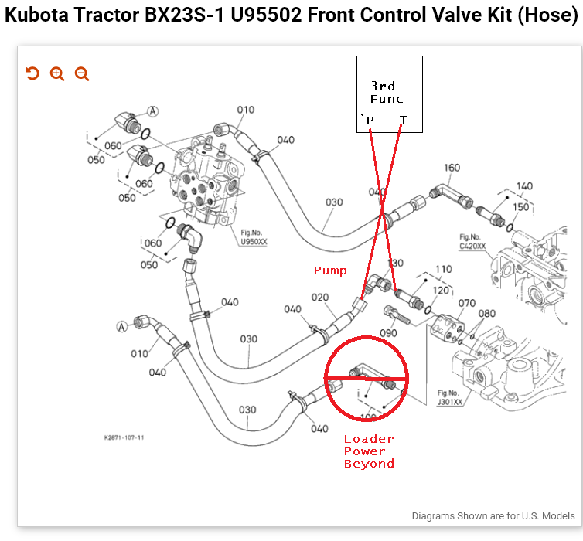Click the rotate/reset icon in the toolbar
coord(32,73)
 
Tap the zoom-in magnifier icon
coord(56,73)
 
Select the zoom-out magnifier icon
coord(82,73)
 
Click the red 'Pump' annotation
coord(329,270)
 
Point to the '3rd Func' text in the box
coord(387,93)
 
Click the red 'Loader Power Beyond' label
coord(369,451)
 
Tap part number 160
coord(452,168)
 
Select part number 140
coord(524,186)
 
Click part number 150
coord(521,207)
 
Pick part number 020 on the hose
coord(321,298)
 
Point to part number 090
coord(388,333)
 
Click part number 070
coord(467,304)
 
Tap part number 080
coord(486,314)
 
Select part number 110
coord(443,270)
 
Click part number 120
coord(439,290)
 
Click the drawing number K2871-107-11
coord(124,437)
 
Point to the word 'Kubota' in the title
coord(39,17)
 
